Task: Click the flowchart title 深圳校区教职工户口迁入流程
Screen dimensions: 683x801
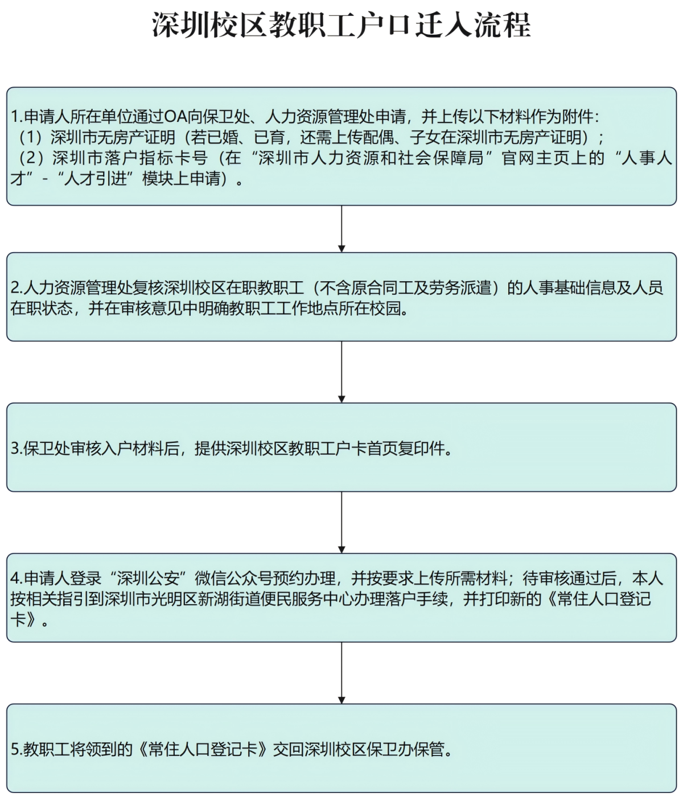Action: click(341, 26)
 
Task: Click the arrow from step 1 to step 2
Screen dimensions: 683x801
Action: click(341, 229)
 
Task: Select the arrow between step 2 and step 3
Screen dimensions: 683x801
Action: click(341, 372)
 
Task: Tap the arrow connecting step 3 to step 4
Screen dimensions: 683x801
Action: click(341, 523)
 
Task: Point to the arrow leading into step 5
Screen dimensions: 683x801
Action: click(341, 673)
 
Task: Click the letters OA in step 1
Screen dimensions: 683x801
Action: click(175, 117)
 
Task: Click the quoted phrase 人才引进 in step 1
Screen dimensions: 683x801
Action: click(95, 179)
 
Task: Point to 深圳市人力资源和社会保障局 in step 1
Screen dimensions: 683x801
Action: click(371, 158)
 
